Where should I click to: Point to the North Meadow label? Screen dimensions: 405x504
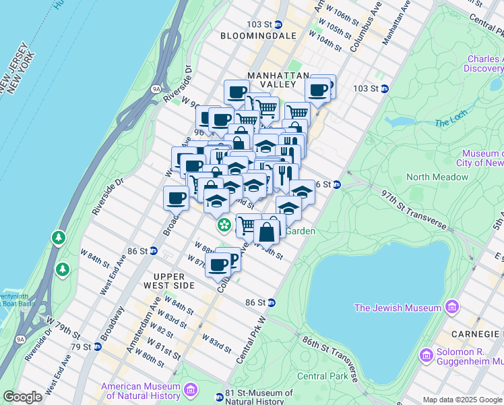click(437, 177)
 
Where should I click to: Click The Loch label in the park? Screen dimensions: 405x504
click(451, 122)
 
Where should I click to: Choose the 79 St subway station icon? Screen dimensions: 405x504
click(97, 347)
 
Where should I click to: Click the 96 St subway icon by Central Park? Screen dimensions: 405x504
click(337, 184)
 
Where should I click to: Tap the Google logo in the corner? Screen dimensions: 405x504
click(22, 397)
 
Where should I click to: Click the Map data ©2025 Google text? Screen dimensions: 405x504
click(462, 400)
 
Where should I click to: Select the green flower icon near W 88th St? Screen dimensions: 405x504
click(222, 225)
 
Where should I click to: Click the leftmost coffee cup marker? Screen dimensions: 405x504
click(176, 198)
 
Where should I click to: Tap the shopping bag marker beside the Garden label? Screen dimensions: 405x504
click(267, 232)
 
